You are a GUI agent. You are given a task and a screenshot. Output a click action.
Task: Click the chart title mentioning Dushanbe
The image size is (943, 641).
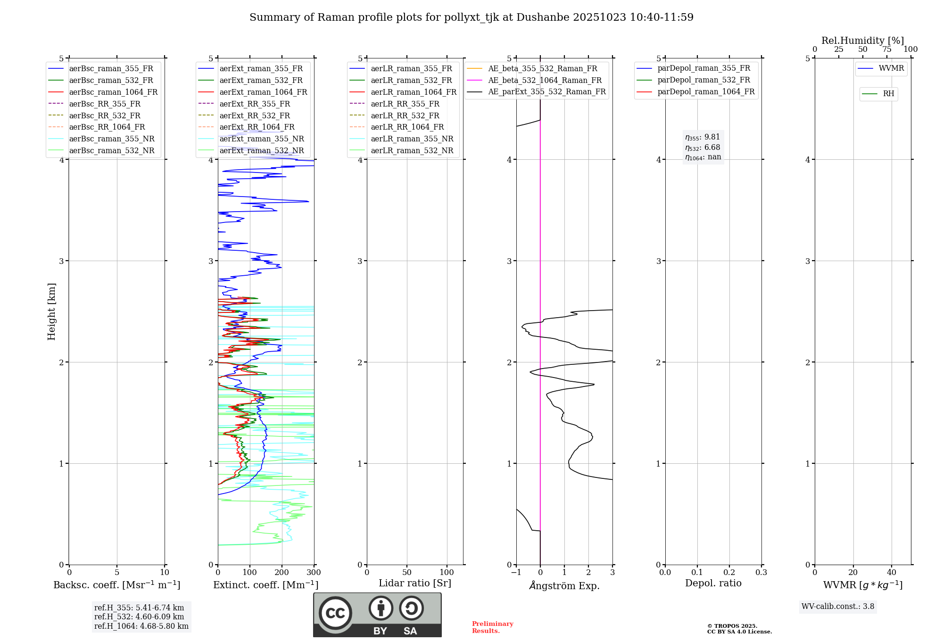(x=471, y=17)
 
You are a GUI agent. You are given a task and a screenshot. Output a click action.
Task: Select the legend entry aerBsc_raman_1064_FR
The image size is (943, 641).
(x=113, y=92)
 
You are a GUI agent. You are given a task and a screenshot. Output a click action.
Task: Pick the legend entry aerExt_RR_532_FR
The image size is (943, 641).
(x=255, y=115)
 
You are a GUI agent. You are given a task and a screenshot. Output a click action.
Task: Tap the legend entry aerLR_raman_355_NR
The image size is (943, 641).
(x=412, y=139)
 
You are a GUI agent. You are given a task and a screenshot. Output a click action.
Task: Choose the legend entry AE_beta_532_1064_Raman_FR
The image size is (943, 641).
(x=545, y=80)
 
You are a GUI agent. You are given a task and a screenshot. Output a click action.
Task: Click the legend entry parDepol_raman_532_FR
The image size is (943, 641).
(x=703, y=80)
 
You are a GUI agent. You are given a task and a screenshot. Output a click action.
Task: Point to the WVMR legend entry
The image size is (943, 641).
(x=891, y=68)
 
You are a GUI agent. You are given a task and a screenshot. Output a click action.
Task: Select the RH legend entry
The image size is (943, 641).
(x=888, y=94)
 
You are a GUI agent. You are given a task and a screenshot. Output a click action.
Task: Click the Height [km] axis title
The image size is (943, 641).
(x=51, y=312)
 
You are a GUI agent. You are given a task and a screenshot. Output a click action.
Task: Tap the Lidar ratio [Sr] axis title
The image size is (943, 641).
(x=415, y=583)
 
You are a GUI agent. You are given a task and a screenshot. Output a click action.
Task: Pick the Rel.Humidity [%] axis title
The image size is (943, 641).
(x=862, y=41)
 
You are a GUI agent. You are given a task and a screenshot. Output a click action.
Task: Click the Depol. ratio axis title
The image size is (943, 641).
(x=713, y=583)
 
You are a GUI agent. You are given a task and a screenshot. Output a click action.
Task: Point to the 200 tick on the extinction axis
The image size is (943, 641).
(x=281, y=573)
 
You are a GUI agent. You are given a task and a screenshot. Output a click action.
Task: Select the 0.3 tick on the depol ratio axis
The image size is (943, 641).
(x=761, y=573)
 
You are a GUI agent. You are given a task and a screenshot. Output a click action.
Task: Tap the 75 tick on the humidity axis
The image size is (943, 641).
(x=886, y=49)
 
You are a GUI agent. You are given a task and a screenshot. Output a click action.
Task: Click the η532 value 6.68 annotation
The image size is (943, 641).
(x=703, y=148)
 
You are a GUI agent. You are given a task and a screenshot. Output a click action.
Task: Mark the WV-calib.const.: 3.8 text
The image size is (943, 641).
(x=838, y=607)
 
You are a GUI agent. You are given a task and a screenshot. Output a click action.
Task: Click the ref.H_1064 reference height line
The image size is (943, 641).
(x=141, y=626)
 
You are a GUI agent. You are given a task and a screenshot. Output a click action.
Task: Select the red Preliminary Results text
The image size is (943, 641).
(x=492, y=627)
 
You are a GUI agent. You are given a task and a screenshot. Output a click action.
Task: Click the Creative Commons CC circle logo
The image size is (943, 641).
(x=335, y=613)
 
